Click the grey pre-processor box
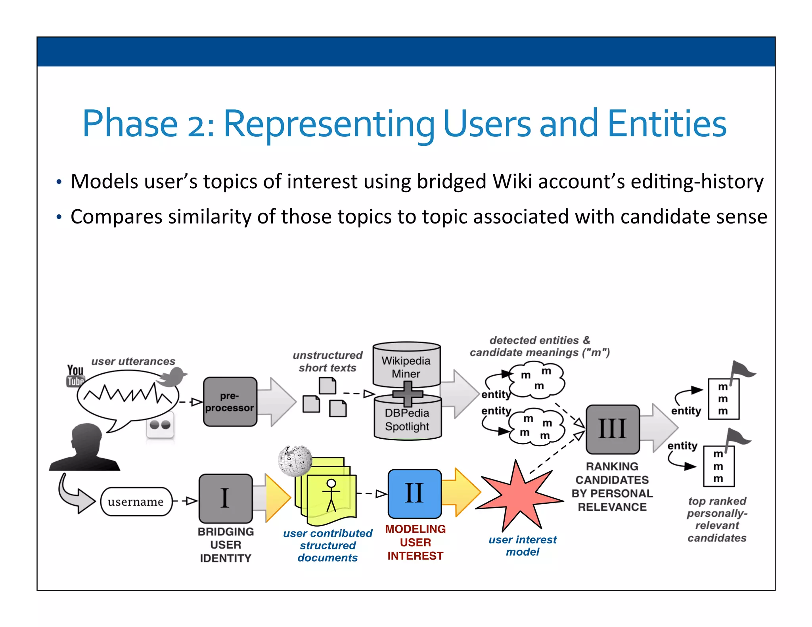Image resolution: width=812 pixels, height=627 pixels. [x=230, y=401]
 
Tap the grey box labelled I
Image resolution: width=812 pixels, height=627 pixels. [x=226, y=498]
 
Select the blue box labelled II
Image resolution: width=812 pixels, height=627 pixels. [x=414, y=493]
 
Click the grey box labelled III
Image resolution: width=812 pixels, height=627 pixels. [x=613, y=429]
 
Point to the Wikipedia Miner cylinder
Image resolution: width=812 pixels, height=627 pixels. [x=406, y=365]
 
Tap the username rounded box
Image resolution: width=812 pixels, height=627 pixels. [x=136, y=502]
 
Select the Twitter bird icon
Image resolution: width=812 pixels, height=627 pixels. [x=172, y=377]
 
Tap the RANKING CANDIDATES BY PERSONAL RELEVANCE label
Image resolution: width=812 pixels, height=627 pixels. [x=612, y=487]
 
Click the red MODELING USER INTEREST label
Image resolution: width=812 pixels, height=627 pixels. [x=415, y=542]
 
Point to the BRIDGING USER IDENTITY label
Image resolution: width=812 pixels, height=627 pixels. [x=226, y=545]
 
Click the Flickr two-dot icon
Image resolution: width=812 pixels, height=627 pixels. [x=160, y=426]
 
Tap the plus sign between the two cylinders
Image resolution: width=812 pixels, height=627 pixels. [x=408, y=394]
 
